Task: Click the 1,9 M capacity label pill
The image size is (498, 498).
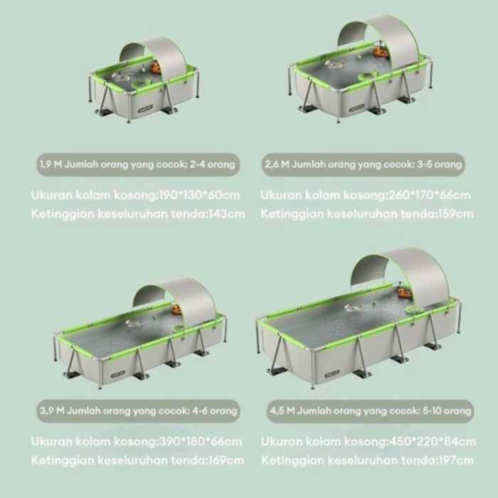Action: (x=138, y=164)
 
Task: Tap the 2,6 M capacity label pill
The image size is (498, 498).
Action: (x=363, y=164)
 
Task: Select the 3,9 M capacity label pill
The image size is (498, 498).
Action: (x=138, y=411)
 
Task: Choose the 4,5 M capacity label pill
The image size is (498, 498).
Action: (x=370, y=411)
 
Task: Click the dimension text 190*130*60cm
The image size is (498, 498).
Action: (x=199, y=195)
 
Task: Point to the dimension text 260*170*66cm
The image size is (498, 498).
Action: (x=429, y=195)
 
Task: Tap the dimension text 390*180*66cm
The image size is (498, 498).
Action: (x=200, y=442)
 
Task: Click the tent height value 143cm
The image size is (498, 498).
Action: (x=226, y=214)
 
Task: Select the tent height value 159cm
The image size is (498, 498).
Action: (x=456, y=214)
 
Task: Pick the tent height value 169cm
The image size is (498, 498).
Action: (x=226, y=460)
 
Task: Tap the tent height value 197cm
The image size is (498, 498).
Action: (x=456, y=460)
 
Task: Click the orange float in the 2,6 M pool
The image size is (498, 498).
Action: (x=381, y=53)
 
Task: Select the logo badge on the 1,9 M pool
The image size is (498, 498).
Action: (x=145, y=109)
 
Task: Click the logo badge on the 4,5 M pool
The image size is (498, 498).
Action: (x=332, y=373)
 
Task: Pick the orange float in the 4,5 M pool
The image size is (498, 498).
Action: (x=405, y=292)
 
